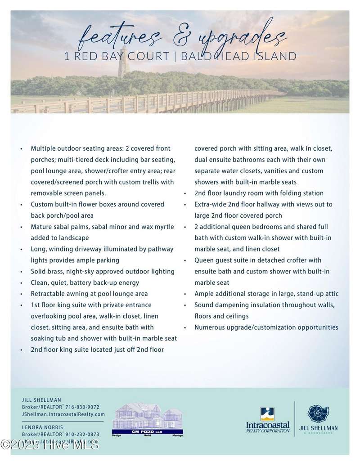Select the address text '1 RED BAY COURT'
[x=115, y=56]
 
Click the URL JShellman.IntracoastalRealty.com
[x=63, y=414]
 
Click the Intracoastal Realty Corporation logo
[x=267, y=420]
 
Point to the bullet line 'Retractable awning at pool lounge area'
[x=89, y=294]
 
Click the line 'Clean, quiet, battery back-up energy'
[x=85, y=282]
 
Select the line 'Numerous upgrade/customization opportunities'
[x=266, y=327]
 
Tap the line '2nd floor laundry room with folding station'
[x=259, y=193]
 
